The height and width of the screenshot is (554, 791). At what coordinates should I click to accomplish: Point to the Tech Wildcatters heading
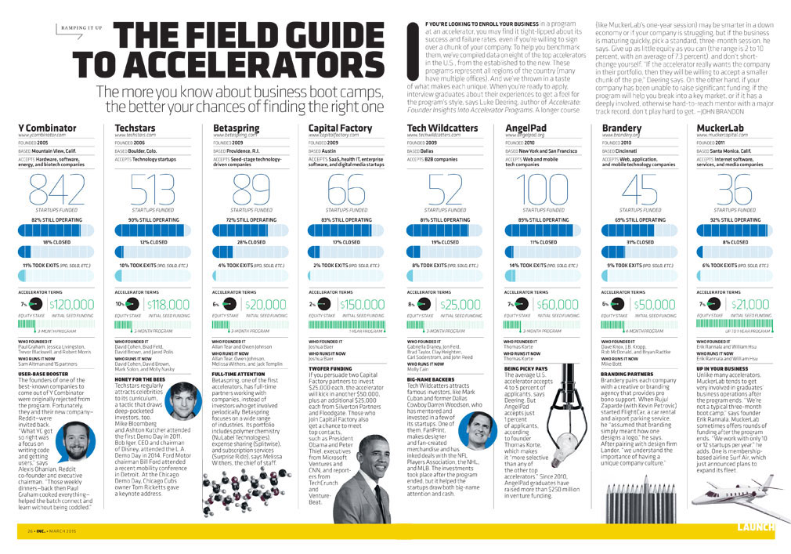point(442,128)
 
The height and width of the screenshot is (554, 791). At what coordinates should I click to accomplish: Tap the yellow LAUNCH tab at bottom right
point(756,527)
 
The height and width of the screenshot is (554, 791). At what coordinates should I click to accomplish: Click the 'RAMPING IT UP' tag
point(80,29)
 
